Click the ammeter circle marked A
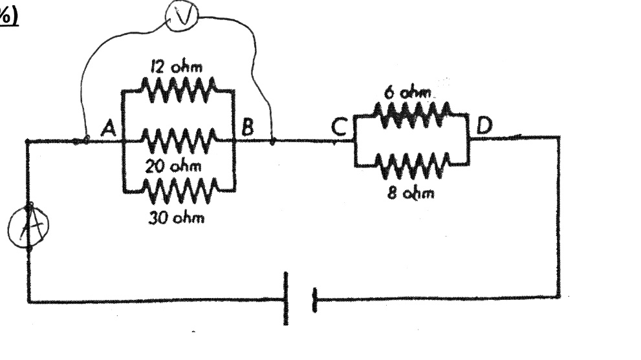[x=9, y=228]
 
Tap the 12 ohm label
[x=176, y=67]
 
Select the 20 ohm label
[x=173, y=166]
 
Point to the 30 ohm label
[x=176, y=218]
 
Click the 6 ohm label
[x=407, y=93]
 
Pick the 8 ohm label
[x=411, y=193]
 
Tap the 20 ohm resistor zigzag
[x=178, y=140]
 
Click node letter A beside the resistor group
[x=109, y=128]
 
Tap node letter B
[x=248, y=127]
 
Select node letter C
[x=340, y=127]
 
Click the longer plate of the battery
[x=286, y=299]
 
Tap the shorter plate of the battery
[x=314, y=300]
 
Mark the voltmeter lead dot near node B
[x=273, y=142]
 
